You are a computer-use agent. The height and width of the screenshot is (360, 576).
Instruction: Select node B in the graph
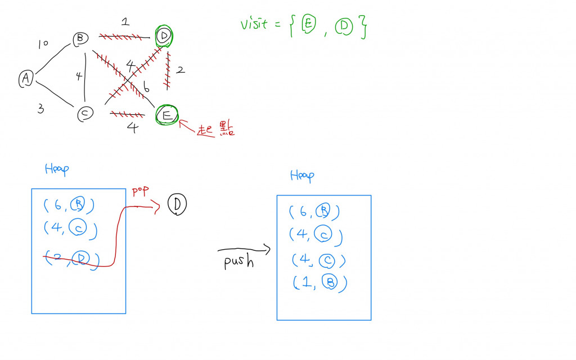pyautogui.click(x=80, y=39)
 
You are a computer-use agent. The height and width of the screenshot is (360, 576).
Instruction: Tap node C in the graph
pyautogui.click(x=84, y=114)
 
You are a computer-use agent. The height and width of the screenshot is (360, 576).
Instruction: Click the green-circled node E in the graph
pyautogui.click(x=167, y=115)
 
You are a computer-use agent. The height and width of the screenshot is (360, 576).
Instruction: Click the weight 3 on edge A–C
pyautogui.click(x=40, y=109)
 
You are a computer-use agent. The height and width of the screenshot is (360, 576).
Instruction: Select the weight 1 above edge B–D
pyautogui.click(x=125, y=22)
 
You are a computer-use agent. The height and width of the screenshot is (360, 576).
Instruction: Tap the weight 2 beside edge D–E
pyautogui.click(x=181, y=70)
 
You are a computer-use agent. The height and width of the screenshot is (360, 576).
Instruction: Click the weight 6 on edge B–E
pyautogui.click(x=146, y=88)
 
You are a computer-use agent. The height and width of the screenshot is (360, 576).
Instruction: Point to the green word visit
pyautogui.click(x=254, y=25)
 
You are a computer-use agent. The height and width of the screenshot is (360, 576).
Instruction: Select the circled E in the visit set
pyautogui.click(x=308, y=25)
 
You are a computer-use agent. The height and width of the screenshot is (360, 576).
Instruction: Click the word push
pyautogui.click(x=239, y=262)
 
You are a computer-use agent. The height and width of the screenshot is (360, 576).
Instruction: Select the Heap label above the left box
pyautogui.click(x=57, y=169)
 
